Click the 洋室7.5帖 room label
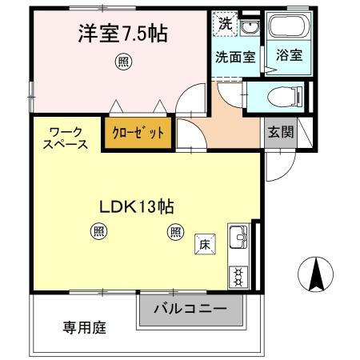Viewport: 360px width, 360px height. click(122, 34)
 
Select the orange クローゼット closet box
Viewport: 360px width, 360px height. click(138, 133)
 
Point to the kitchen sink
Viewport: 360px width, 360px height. click(238, 238)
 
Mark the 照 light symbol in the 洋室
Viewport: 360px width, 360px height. click(122, 60)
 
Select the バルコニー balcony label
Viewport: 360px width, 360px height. click(190, 309)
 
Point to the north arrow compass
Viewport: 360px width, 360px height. click(314, 275)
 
